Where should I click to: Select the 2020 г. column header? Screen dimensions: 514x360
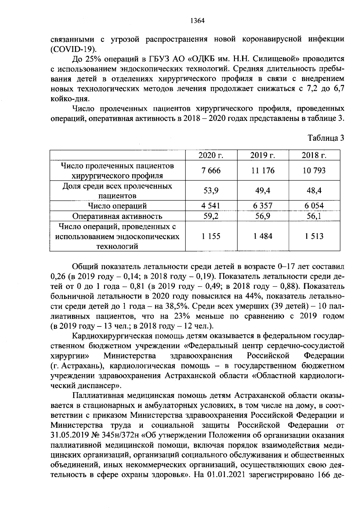click(211, 155)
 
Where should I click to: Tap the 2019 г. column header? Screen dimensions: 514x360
click(263, 155)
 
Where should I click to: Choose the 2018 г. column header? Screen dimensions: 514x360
click(314, 155)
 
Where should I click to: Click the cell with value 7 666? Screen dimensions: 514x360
click(211, 170)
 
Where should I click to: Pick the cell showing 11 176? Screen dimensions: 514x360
click(263, 170)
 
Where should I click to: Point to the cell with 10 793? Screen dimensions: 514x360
click(314, 170)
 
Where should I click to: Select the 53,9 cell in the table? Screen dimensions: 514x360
click(211, 191)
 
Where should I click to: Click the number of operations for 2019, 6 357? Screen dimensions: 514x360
click(263, 206)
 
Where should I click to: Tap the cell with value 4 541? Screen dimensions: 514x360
click(211, 206)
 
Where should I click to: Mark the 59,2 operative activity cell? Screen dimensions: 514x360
click(211, 216)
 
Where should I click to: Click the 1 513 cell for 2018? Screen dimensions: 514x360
click(314, 236)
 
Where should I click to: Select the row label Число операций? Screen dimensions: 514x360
click(117, 206)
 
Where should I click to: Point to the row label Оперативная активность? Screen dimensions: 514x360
click(117, 216)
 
